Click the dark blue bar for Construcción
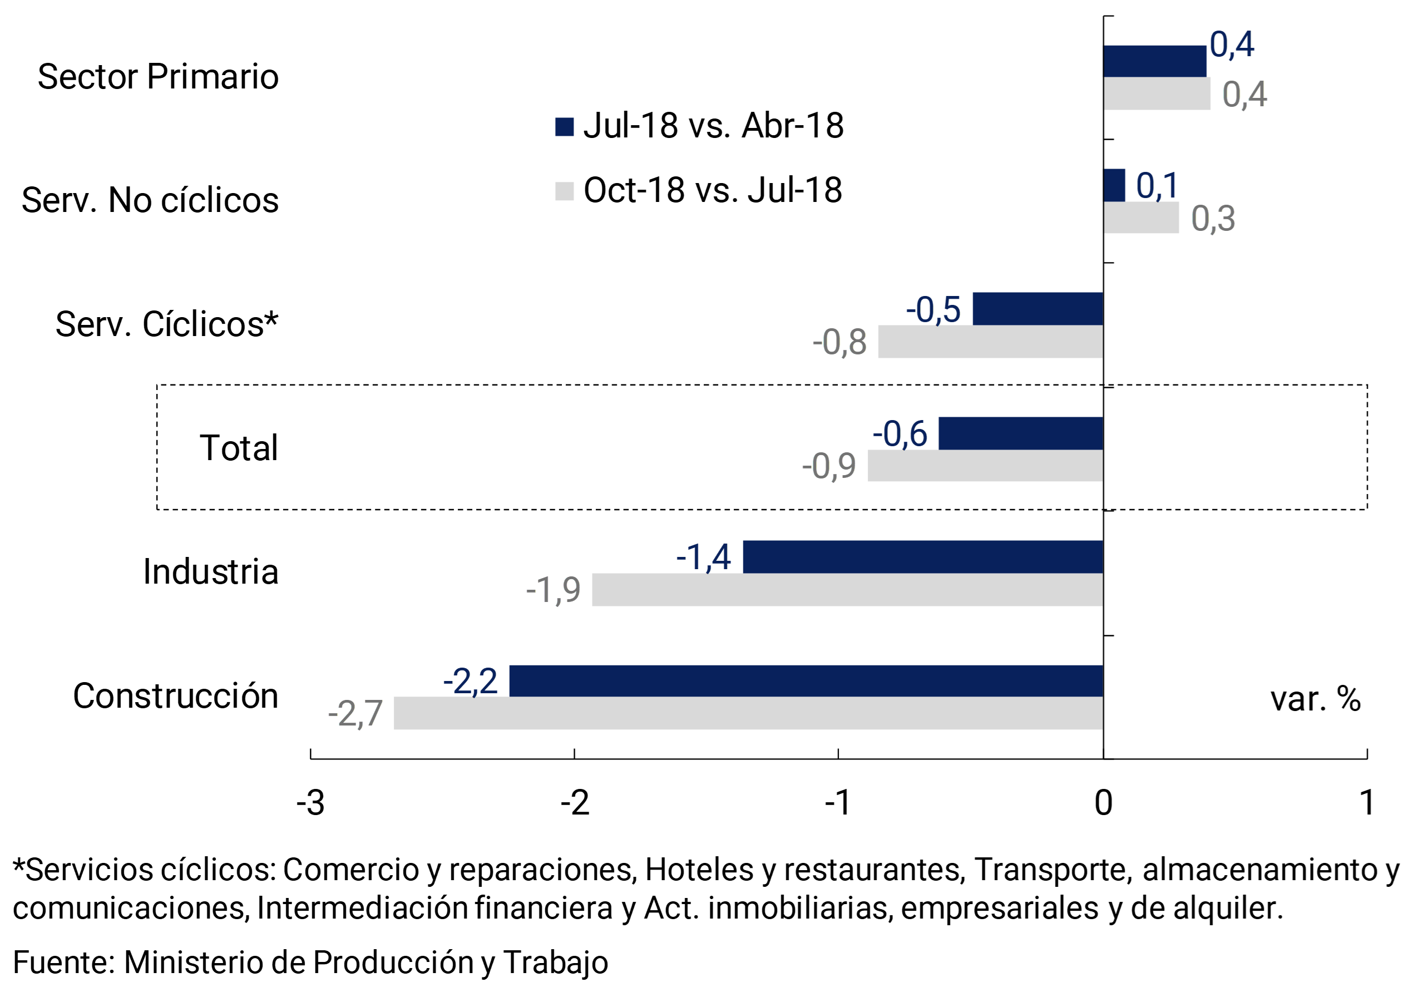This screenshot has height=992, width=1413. click(x=806, y=680)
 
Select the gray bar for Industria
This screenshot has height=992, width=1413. click(x=847, y=590)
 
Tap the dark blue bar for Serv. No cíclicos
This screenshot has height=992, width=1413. click(x=1114, y=185)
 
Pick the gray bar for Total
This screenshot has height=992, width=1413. click(x=985, y=465)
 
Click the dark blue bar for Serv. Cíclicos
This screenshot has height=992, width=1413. click(x=1037, y=309)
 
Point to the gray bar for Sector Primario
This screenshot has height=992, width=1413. click(x=1157, y=93)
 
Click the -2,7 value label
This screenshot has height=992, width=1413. click(x=355, y=714)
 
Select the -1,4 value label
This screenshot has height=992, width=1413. click(x=703, y=557)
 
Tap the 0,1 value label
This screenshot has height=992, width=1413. click(x=1157, y=185)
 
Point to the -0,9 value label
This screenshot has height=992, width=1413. click(x=828, y=466)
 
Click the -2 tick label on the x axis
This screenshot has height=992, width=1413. click(x=575, y=803)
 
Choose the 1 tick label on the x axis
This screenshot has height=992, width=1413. click(x=1367, y=803)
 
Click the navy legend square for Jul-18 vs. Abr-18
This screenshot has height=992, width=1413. click(x=564, y=127)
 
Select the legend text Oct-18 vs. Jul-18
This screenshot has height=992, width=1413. click(x=713, y=190)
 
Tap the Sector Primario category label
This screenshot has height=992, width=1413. click(x=158, y=77)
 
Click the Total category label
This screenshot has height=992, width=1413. click(x=239, y=448)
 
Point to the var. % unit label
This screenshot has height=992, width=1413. click(x=1315, y=699)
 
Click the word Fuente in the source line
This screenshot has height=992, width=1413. click(x=63, y=963)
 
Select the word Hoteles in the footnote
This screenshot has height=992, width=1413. click(x=699, y=870)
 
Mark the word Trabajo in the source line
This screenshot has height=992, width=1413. click(x=555, y=963)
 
